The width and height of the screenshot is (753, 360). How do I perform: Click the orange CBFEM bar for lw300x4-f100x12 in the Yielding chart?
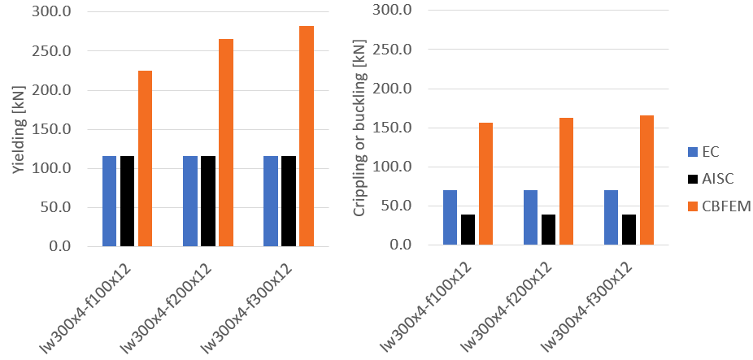[145, 158]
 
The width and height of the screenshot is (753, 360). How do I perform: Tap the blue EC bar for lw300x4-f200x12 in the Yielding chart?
[190, 201]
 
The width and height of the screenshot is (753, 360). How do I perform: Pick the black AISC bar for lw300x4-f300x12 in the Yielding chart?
[289, 201]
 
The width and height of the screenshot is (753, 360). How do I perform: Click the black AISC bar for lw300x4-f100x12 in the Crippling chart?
[468, 230]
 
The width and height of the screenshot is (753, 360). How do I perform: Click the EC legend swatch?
[692, 151]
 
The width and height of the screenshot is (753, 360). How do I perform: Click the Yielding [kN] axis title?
[18, 130]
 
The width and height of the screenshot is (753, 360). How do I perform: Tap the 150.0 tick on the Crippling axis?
[395, 128]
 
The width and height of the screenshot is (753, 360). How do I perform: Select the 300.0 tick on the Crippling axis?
[395, 11]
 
